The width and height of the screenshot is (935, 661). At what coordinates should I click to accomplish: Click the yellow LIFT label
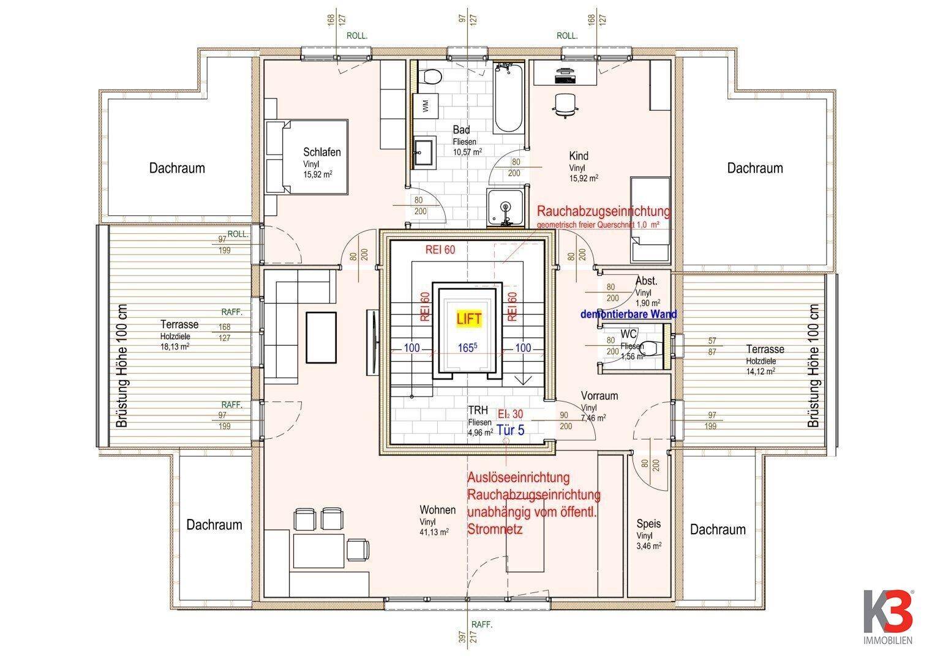point(469,318)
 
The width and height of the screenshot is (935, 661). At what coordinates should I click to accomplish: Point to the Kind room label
point(578,155)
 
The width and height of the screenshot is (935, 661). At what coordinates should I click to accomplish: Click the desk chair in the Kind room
point(565,105)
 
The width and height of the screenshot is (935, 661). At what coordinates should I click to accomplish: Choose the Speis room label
point(648,524)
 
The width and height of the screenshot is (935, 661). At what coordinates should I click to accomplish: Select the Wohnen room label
point(437,510)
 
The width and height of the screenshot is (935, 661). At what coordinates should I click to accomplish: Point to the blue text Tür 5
point(510,430)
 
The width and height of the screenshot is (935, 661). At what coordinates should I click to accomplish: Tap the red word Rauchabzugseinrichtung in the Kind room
point(603,212)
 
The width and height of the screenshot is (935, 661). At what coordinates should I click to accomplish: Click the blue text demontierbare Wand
point(628,314)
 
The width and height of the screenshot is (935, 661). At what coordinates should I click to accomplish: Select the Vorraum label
point(599,395)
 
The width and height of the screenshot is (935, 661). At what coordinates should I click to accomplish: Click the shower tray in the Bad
point(506,207)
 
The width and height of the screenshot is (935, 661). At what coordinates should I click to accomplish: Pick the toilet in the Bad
point(432,77)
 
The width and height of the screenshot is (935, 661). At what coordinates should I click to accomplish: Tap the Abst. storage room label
point(647,281)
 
